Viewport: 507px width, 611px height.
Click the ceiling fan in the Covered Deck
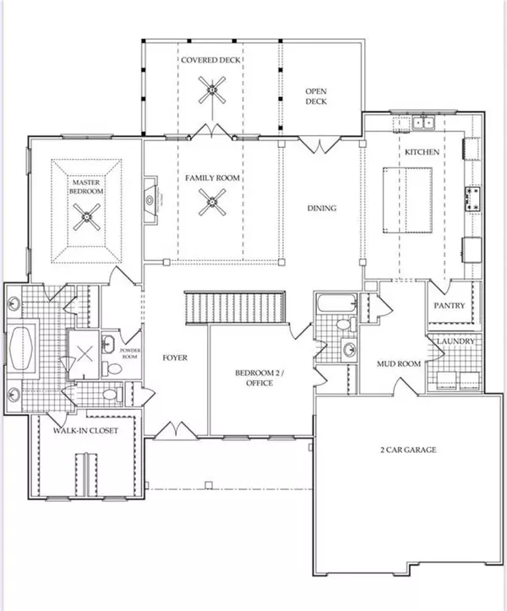(x=212, y=90)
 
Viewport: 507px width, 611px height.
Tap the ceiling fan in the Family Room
(x=212, y=202)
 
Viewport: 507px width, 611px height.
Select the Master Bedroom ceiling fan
(x=86, y=216)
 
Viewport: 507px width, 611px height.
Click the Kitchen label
(x=422, y=152)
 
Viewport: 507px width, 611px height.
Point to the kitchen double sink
(x=423, y=123)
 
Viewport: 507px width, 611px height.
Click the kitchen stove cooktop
(x=472, y=199)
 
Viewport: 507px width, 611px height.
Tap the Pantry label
(x=450, y=306)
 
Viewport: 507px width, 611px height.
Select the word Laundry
(x=456, y=341)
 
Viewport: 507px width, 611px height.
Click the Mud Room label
(x=399, y=363)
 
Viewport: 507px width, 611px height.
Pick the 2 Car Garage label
(x=408, y=450)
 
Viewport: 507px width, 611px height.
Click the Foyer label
(x=175, y=357)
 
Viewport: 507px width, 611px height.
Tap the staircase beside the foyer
(x=235, y=307)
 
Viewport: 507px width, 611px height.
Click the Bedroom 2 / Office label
(x=259, y=378)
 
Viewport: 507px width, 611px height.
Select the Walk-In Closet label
(x=85, y=431)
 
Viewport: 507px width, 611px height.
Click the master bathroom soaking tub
(x=22, y=349)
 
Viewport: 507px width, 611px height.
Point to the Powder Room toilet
(x=112, y=368)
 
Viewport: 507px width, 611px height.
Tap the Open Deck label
(x=316, y=96)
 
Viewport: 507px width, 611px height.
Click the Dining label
(x=322, y=208)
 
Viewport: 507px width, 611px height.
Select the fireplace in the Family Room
(x=150, y=200)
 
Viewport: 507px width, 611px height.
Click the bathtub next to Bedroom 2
(x=337, y=303)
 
